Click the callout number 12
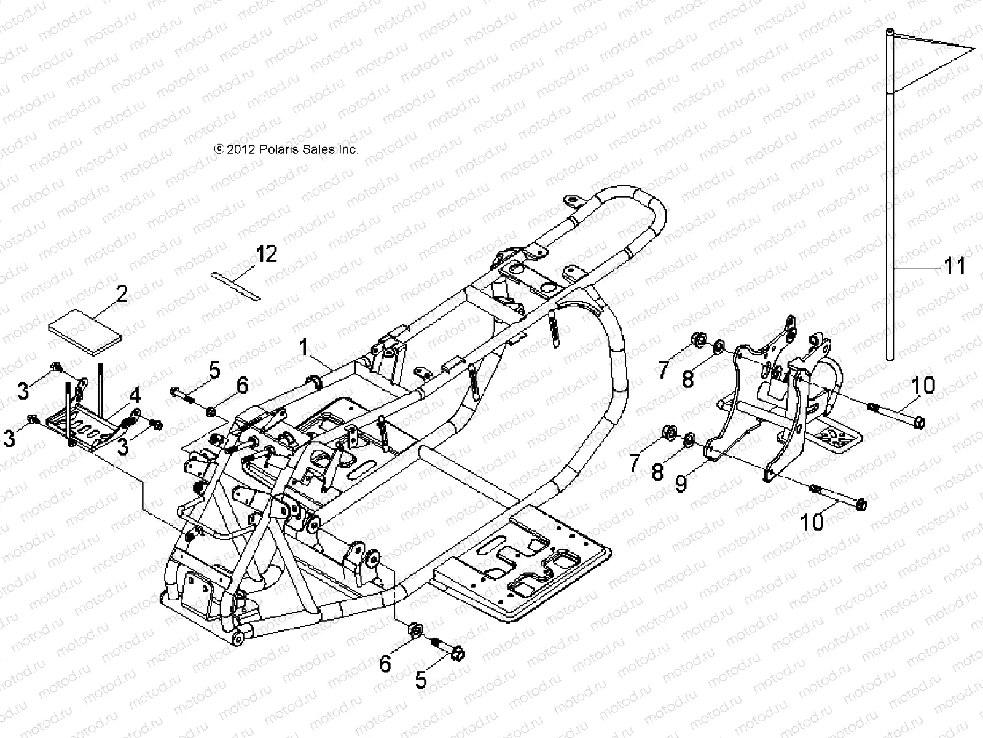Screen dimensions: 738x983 tap(267, 253)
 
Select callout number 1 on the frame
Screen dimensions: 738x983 tap(303, 347)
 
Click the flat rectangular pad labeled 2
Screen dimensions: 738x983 tap(86, 333)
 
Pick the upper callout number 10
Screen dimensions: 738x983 tap(923, 386)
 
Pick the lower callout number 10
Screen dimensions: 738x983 tap(813, 522)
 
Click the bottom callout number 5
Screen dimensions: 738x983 tap(421, 680)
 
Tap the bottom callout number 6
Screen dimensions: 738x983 tap(385, 664)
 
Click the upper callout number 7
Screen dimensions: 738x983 tap(663, 370)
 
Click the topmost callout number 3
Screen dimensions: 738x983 tap(23, 390)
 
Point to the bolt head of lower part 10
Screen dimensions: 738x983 tap(861, 504)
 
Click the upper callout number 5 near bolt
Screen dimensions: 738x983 tap(213, 370)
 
